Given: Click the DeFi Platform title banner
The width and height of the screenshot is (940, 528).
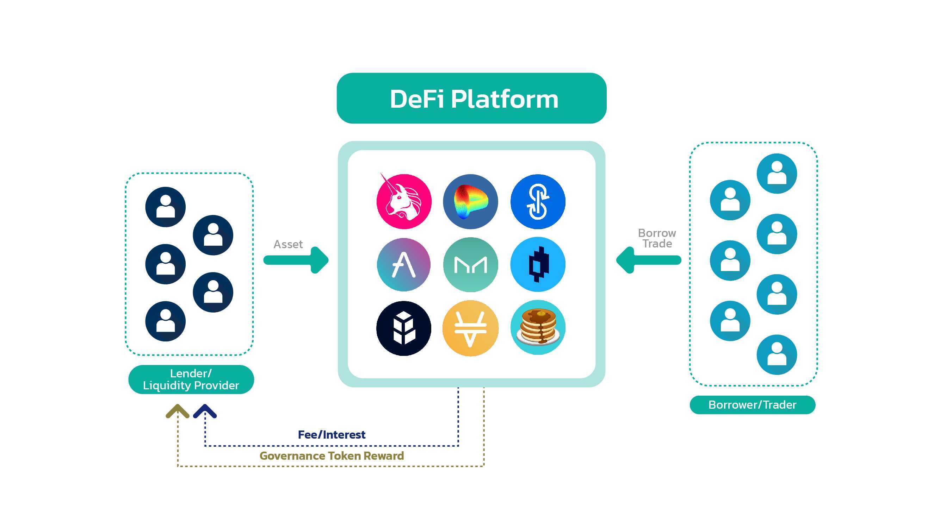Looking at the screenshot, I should click(471, 99).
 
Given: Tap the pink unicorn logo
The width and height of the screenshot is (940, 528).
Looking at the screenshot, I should click(404, 202).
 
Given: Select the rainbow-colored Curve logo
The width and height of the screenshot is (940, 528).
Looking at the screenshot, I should click(470, 202).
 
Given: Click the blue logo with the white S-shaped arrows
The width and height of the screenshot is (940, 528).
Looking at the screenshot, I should click(538, 202).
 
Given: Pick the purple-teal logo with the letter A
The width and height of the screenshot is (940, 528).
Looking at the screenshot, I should click(404, 265).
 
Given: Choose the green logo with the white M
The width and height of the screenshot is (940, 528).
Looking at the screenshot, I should click(470, 265).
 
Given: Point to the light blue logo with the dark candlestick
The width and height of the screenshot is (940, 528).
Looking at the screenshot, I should click(538, 265).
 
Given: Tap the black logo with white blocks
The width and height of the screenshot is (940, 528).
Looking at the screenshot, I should click(404, 328).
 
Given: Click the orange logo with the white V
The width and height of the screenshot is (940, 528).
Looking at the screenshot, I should click(470, 328).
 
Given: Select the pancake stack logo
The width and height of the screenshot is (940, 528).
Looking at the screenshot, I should click(538, 327).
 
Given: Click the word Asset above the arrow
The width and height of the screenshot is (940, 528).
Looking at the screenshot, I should click(288, 244).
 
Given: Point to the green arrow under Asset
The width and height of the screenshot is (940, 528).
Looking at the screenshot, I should click(296, 260).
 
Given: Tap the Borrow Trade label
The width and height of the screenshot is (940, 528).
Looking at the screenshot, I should click(657, 238).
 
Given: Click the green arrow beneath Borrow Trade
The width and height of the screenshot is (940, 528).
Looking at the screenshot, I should click(648, 260).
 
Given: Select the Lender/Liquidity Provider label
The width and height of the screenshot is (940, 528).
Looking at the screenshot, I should click(191, 379).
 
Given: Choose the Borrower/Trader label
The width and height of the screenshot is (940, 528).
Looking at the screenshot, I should click(753, 405).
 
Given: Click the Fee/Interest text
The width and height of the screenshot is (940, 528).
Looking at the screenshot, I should click(331, 435).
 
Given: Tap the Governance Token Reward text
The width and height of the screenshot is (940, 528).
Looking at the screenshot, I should click(331, 456).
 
